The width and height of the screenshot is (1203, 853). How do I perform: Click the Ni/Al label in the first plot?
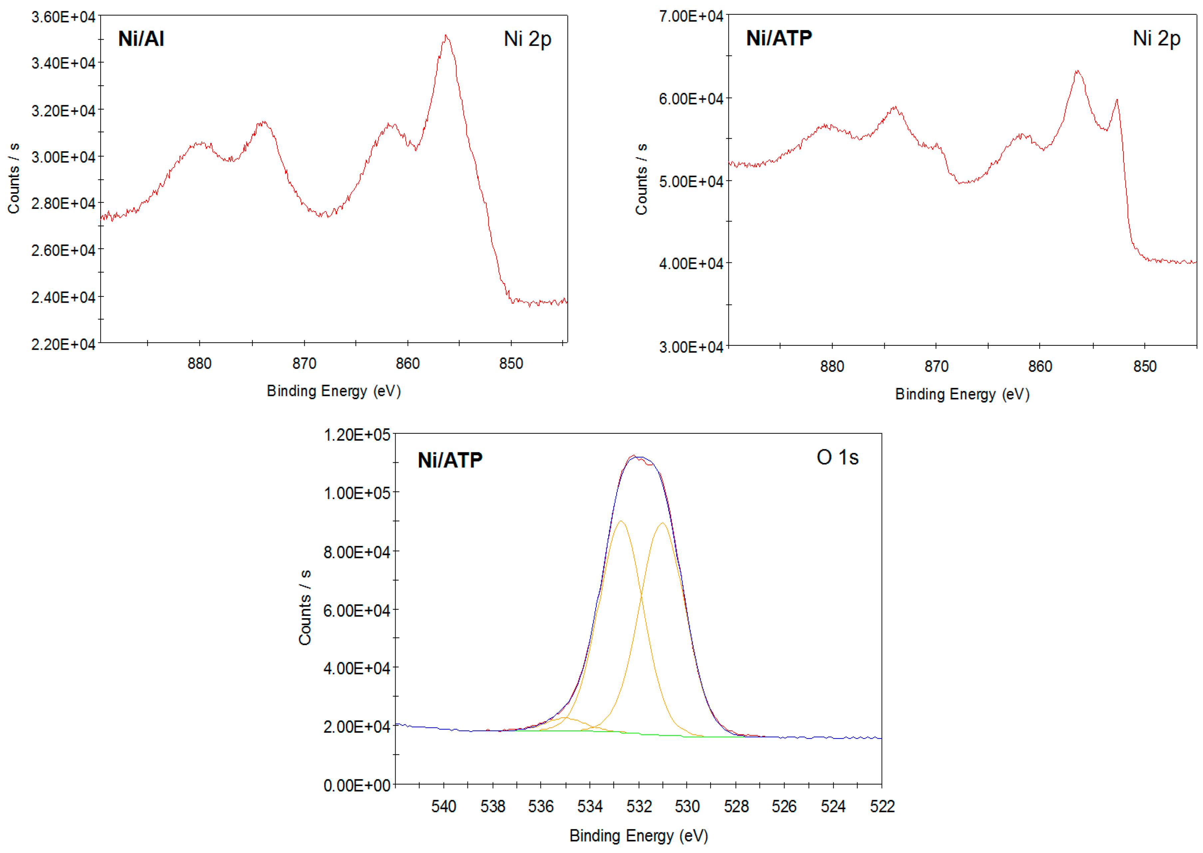[x=141, y=39]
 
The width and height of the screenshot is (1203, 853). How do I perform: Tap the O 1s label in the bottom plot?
[x=837, y=458]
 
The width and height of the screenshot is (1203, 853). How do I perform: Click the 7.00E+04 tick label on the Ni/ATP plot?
[x=691, y=16]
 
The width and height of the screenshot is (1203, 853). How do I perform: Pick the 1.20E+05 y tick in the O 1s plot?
[x=357, y=435]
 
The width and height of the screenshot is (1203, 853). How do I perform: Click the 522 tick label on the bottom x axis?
[x=882, y=806]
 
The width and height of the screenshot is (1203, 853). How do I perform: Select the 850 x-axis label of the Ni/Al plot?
[x=510, y=363]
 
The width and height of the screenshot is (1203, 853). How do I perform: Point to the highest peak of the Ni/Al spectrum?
[x=446, y=36]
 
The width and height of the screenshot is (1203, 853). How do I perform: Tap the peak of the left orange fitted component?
[x=621, y=521]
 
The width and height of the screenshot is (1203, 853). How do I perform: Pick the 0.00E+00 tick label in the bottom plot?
[x=357, y=786]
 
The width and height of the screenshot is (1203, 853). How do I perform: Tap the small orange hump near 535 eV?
[x=564, y=717]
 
